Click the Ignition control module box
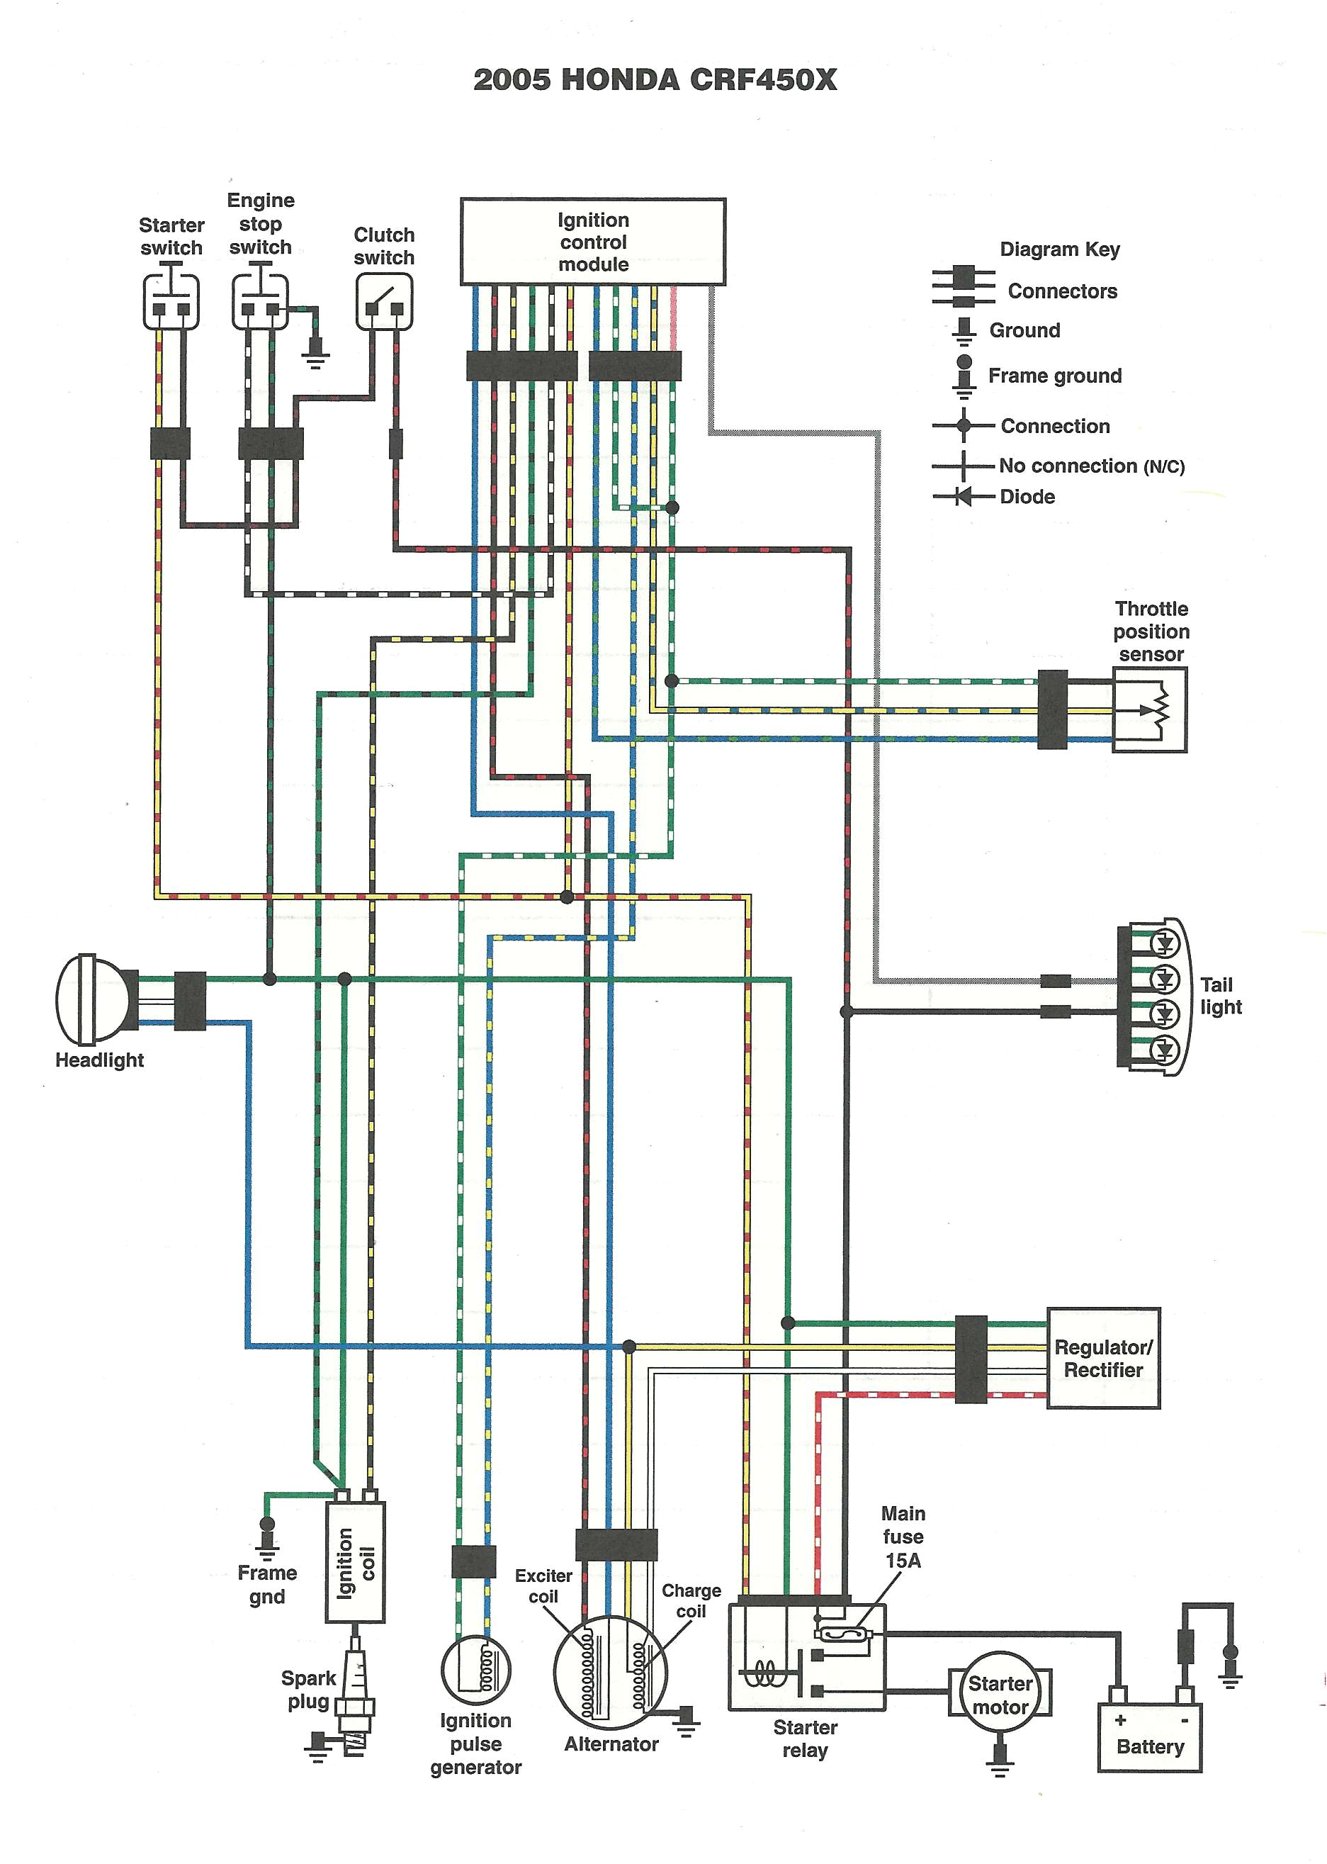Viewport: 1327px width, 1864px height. point(592,242)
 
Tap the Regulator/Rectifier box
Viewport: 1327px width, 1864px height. point(1102,1358)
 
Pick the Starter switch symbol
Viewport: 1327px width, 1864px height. point(171,303)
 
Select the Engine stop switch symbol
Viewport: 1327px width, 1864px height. point(260,303)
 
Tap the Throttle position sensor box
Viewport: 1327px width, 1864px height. point(1150,709)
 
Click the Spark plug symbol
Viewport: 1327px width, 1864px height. point(355,1693)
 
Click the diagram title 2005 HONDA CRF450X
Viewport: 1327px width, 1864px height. point(655,80)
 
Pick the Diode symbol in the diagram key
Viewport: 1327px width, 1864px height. point(964,496)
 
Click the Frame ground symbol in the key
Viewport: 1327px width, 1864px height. point(964,373)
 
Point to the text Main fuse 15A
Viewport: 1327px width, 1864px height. point(903,1537)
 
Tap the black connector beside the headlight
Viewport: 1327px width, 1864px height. point(191,1000)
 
